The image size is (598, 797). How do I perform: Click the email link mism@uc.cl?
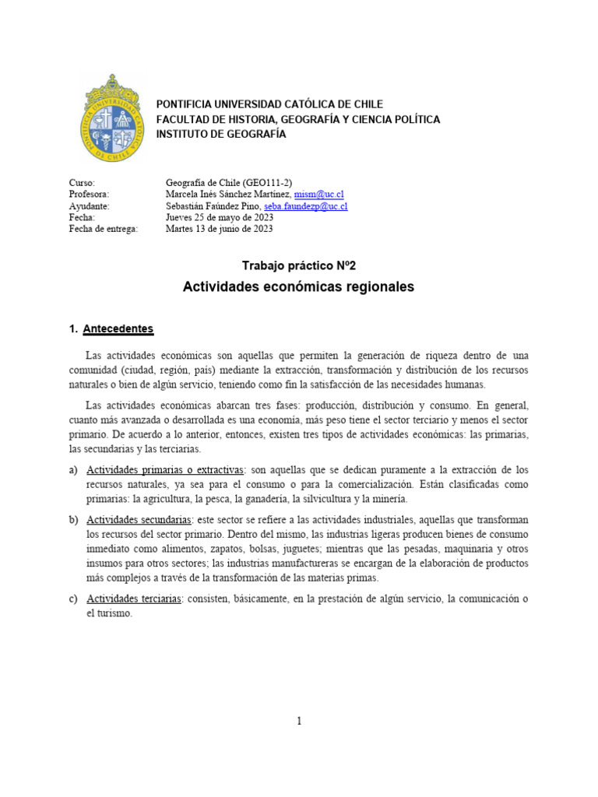(318, 194)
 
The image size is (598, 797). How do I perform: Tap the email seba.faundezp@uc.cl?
(306, 205)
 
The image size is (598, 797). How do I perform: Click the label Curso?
(82, 182)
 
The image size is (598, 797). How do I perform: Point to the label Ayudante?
(90, 205)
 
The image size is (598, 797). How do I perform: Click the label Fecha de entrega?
(103, 229)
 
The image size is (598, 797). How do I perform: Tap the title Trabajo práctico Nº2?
(298, 266)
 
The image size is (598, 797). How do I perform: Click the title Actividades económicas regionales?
(298, 287)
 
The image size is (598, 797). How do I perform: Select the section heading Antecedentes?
(118, 328)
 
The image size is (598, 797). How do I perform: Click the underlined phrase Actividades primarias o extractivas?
(166, 470)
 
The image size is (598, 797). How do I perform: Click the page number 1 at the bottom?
(298, 722)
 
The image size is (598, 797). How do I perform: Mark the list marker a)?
(74, 470)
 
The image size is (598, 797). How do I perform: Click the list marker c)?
(74, 598)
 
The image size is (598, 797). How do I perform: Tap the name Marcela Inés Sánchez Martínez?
(228, 194)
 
